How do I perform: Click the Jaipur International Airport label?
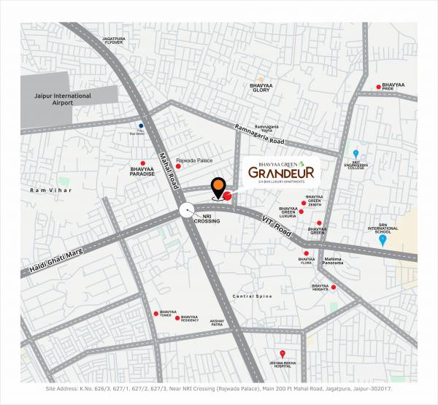[63, 99]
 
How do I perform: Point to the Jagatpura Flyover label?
[118, 39]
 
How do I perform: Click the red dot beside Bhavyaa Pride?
[378, 87]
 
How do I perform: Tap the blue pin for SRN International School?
[383, 240]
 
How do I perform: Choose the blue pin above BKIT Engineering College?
[356, 153]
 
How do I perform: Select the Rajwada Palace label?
[195, 159]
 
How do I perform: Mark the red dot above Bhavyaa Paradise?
[143, 163]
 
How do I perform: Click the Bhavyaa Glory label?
[261, 87]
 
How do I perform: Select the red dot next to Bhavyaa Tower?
[155, 313]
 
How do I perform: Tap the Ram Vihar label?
[43, 190]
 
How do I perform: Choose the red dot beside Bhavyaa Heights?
[334, 287]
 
